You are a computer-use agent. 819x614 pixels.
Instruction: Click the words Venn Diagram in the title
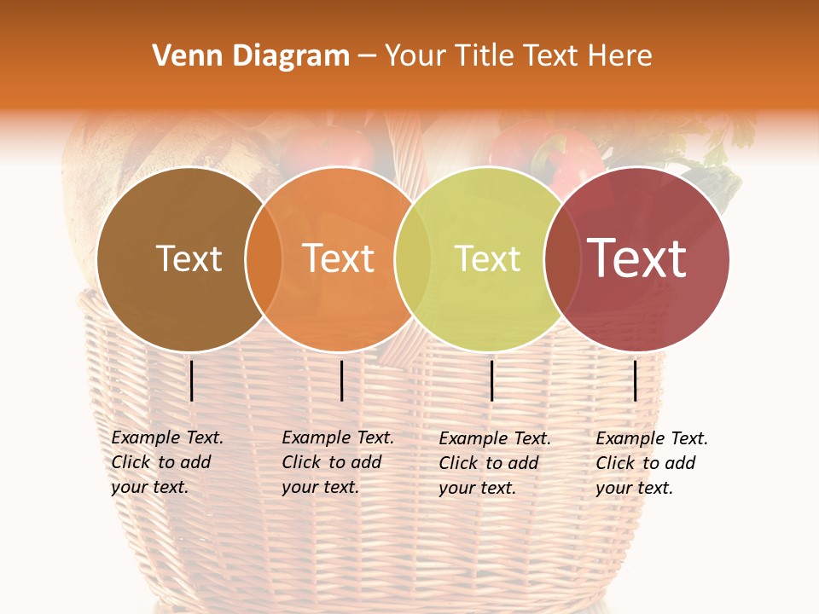(x=251, y=56)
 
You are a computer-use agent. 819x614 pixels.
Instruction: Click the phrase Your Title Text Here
(x=518, y=56)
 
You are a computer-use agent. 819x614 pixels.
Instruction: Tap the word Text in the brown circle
(x=189, y=258)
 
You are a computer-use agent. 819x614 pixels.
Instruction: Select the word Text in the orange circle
(x=339, y=258)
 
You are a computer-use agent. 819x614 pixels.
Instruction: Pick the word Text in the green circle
(x=488, y=258)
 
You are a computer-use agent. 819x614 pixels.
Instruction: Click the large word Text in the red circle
(x=636, y=258)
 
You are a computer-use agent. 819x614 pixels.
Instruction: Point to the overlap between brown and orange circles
(x=264, y=258)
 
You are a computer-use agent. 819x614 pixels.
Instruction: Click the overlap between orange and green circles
(x=413, y=258)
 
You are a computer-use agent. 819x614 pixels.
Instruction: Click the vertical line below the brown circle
(x=192, y=380)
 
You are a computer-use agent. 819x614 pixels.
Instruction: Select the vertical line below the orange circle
(x=341, y=380)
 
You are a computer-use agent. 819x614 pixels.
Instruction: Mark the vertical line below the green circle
(x=492, y=380)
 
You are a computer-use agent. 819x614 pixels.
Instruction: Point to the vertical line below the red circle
(x=636, y=380)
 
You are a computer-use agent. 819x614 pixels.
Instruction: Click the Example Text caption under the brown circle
(x=166, y=462)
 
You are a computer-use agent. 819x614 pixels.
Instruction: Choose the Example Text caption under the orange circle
(x=337, y=462)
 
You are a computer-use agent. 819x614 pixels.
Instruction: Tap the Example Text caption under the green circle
(x=494, y=463)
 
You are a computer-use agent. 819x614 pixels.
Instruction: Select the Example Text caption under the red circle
(x=651, y=463)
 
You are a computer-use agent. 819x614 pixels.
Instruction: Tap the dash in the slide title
(x=367, y=57)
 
